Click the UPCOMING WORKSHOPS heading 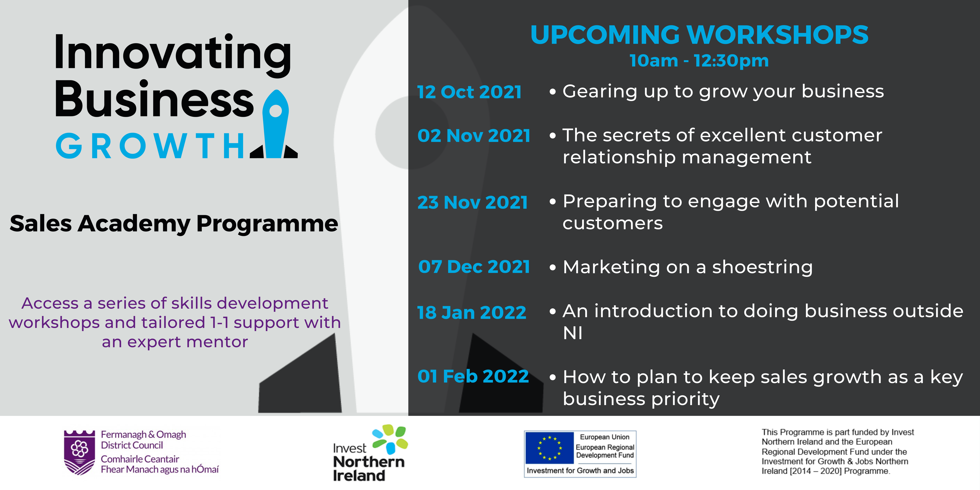(x=699, y=35)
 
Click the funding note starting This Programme (x=838, y=452)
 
